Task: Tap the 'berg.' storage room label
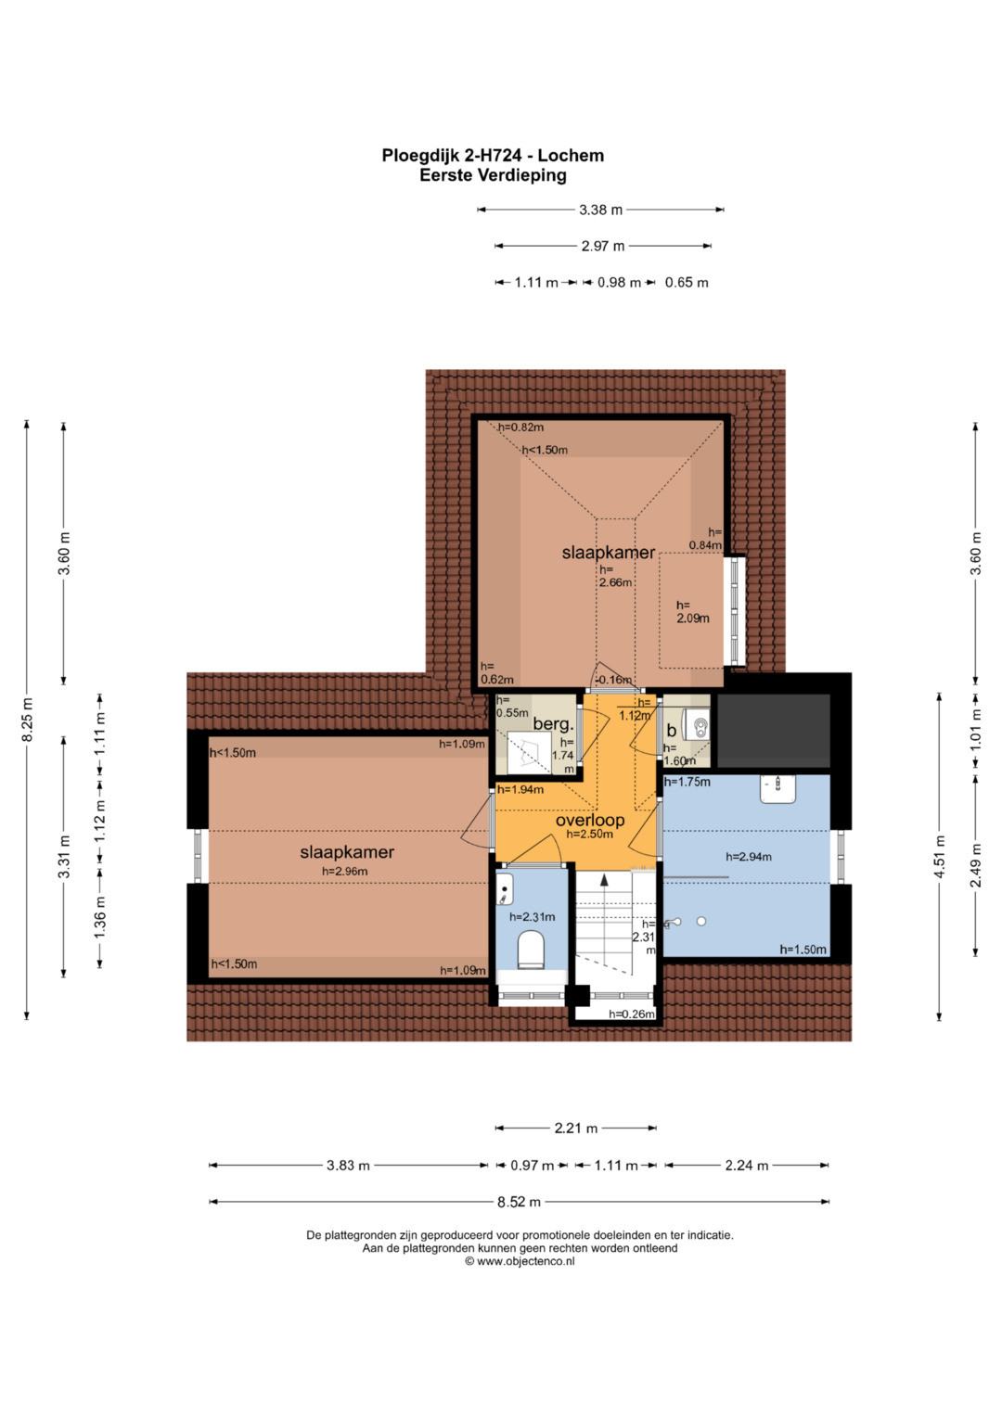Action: coord(553,724)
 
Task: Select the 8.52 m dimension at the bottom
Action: coord(519,1202)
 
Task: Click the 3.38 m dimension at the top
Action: coord(600,210)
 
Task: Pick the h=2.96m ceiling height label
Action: coord(345,871)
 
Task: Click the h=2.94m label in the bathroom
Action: coord(749,857)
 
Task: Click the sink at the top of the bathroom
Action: coord(777,788)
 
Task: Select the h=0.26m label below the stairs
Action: coord(631,1014)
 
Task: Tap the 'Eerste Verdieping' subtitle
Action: coord(493,175)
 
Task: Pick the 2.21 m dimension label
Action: coord(575,1128)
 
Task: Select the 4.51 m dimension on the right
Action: coord(939,857)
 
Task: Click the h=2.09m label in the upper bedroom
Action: coord(693,612)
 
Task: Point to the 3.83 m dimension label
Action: coord(348,1165)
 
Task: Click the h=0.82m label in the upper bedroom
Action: coord(520,427)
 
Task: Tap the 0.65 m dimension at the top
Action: coord(687,283)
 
